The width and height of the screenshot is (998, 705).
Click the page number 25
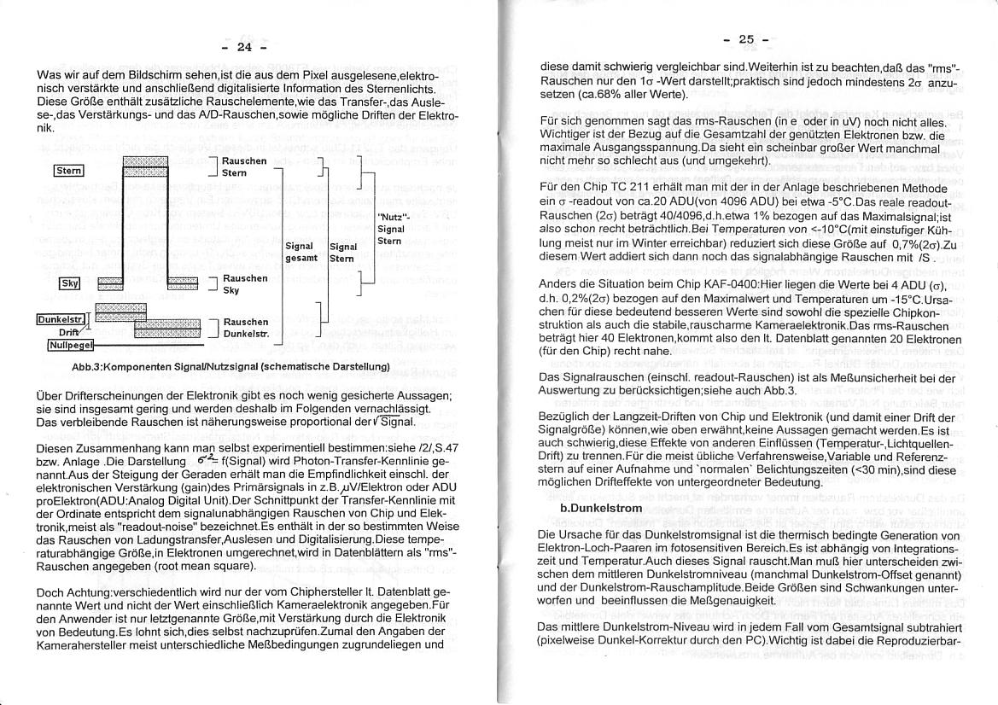[747, 39]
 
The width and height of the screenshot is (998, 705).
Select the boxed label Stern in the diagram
[68, 171]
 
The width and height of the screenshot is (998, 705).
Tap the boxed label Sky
[69, 283]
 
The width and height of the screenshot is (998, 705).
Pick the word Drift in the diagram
[69, 332]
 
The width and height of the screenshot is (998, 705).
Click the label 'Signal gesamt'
[301, 252]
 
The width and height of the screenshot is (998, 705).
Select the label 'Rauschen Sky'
[244, 283]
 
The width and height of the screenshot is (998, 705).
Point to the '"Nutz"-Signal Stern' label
[390, 229]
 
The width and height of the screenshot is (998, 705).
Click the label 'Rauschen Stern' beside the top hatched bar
[243, 166]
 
